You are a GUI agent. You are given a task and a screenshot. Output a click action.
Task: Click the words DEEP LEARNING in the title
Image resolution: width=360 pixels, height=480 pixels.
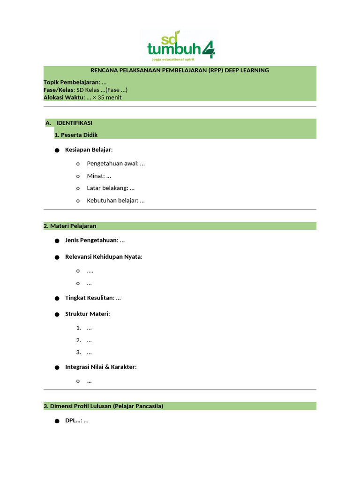pos(247,70)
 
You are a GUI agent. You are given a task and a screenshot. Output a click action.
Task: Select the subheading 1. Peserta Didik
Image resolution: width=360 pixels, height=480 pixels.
pos(76,135)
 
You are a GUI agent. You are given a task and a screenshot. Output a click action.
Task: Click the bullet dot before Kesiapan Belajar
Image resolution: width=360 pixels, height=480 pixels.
pos(57,150)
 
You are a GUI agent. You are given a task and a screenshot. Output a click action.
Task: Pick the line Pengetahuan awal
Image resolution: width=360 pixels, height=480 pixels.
pos(115,164)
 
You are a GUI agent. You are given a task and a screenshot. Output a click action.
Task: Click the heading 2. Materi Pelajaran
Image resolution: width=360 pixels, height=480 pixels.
pos(70,226)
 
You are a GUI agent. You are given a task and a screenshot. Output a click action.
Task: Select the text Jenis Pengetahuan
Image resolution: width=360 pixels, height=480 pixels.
pos(91,240)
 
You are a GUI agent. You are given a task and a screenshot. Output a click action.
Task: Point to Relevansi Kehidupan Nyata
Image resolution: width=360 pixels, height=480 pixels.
pos(103,257)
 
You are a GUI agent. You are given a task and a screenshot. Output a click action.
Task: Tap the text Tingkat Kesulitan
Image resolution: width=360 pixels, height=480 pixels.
pos(89,298)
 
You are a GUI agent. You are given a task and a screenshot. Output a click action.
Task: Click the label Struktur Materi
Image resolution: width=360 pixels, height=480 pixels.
pos(87,314)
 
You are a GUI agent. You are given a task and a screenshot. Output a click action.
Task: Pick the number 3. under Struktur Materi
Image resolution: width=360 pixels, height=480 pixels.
pos(79,352)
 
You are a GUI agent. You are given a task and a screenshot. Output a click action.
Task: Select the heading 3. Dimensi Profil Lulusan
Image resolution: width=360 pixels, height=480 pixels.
pos(78,406)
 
